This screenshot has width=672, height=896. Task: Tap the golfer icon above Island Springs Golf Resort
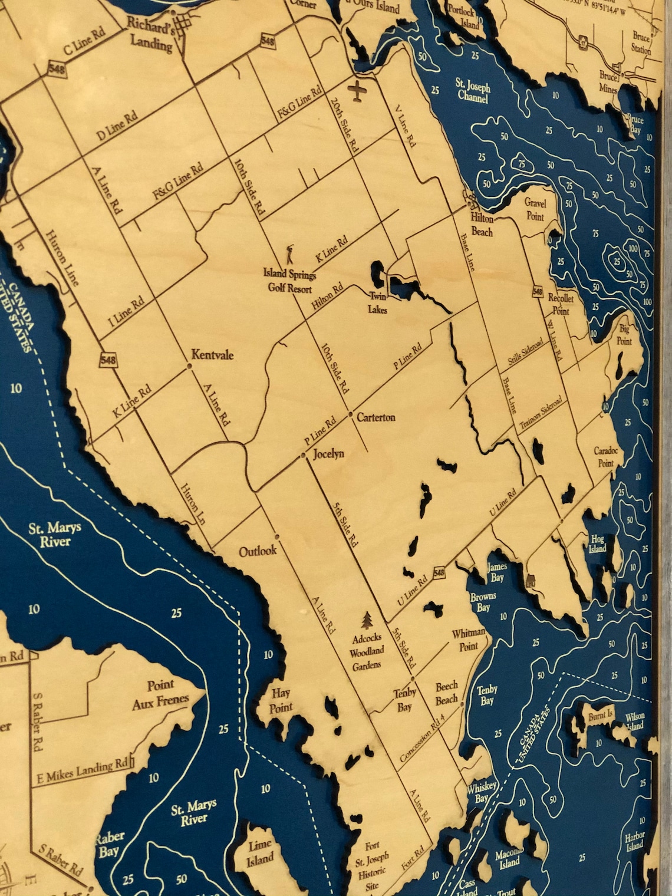pos(289,255)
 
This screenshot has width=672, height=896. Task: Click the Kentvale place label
pos(212,355)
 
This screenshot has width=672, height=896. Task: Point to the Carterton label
pos(376,417)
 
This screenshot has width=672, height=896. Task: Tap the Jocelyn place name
pos(328,454)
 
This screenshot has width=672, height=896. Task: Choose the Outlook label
pos(258,551)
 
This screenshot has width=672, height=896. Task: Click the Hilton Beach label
pos(482,225)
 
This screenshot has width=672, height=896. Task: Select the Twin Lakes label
pos(378,302)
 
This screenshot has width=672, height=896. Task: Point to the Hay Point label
pos(281,700)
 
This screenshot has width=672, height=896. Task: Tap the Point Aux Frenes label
pos(160,693)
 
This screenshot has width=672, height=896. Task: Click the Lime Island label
pos(259,852)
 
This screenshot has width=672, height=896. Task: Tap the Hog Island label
pos(597,543)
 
